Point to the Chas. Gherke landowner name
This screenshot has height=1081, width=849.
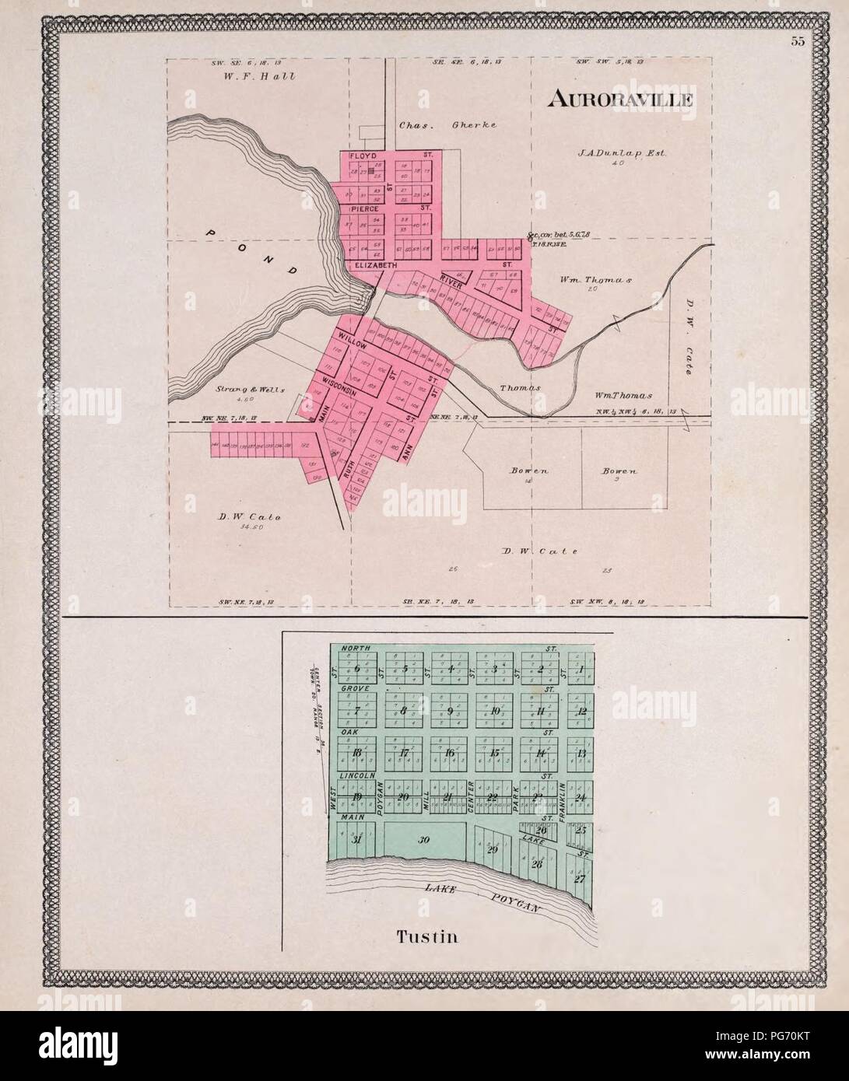click(x=447, y=124)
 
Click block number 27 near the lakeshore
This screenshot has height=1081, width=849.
click(x=579, y=880)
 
